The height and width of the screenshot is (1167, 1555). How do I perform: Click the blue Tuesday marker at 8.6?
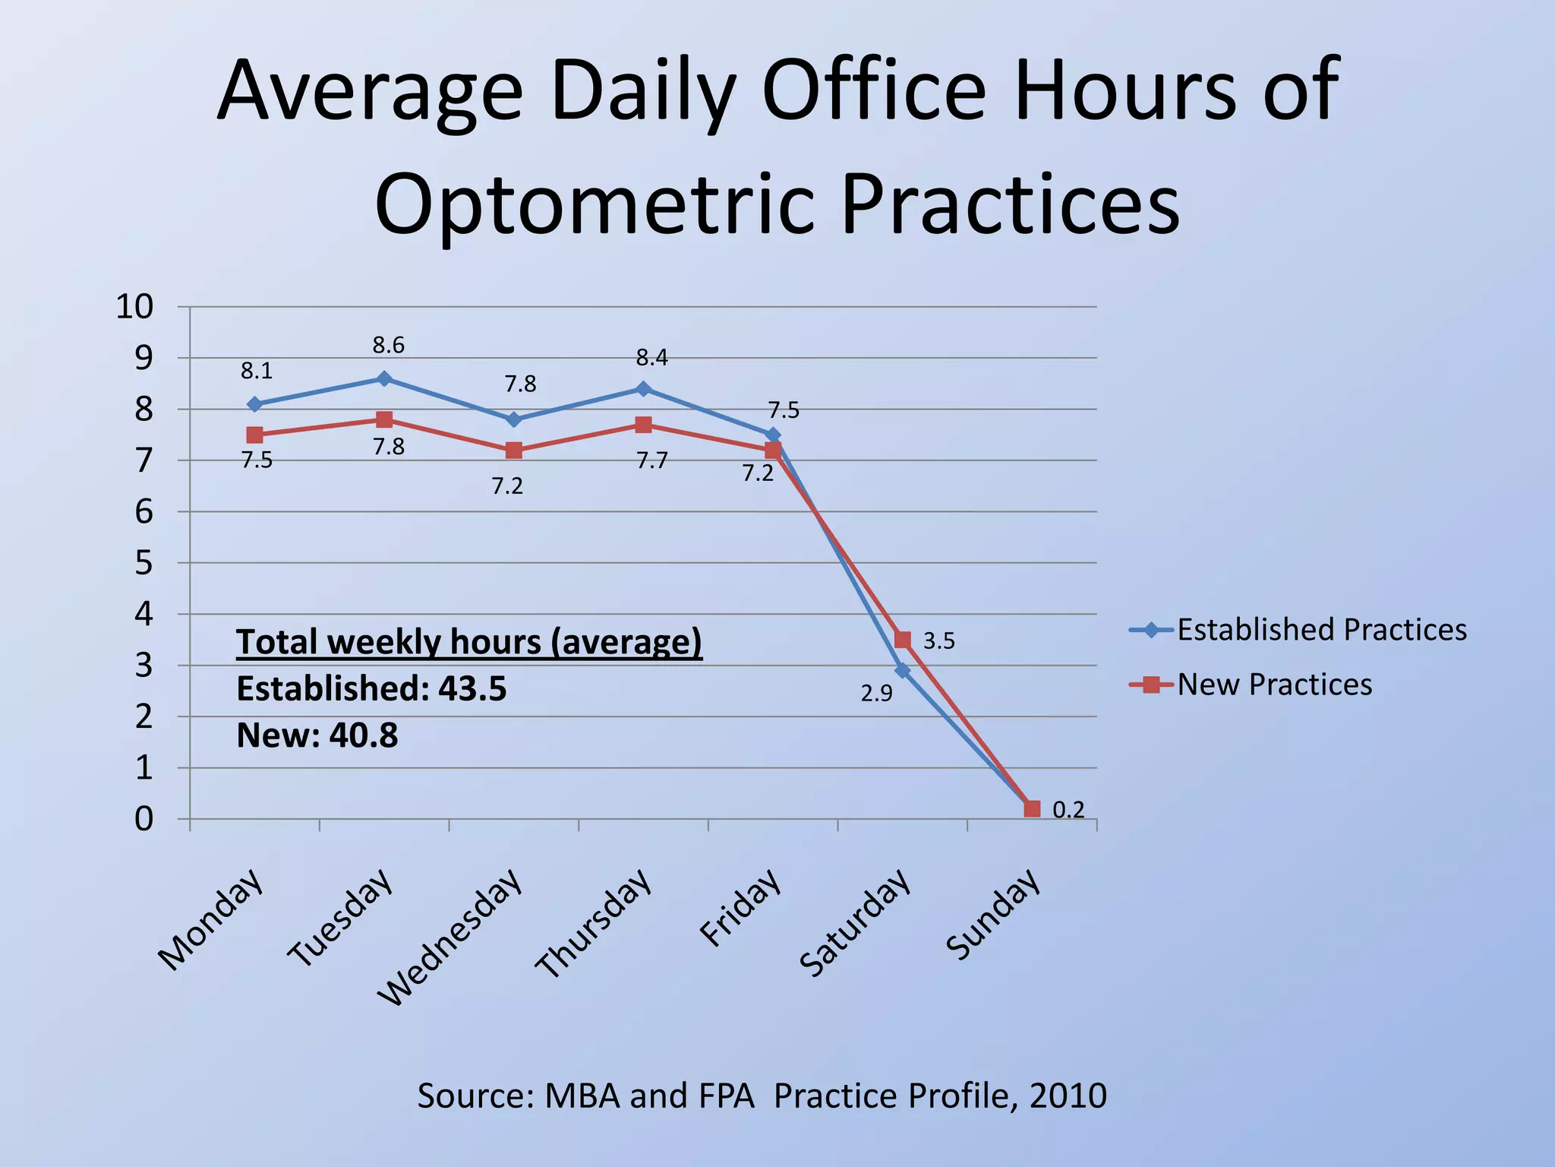tap(384, 378)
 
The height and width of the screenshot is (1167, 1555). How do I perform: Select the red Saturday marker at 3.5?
tap(902, 640)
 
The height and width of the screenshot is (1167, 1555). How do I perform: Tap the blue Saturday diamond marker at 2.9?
tap(902, 670)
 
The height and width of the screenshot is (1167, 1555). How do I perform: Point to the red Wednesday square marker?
tap(514, 451)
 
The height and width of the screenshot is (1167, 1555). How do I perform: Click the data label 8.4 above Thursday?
tap(651, 358)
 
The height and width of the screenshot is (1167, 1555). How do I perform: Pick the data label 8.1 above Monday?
tap(257, 371)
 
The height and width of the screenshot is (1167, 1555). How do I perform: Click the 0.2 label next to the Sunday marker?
tap(1068, 810)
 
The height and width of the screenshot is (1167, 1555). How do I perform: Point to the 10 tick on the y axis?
tap(134, 307)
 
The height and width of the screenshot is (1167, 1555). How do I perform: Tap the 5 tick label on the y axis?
tap(144, 563)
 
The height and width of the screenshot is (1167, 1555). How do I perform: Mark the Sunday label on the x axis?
tap(993, 914)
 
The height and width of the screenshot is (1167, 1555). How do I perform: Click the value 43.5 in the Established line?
tap(472, 689)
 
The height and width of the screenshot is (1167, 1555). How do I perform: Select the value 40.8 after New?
tap(363, 735)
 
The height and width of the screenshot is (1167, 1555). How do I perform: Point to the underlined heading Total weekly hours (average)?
tap(469, 642)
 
